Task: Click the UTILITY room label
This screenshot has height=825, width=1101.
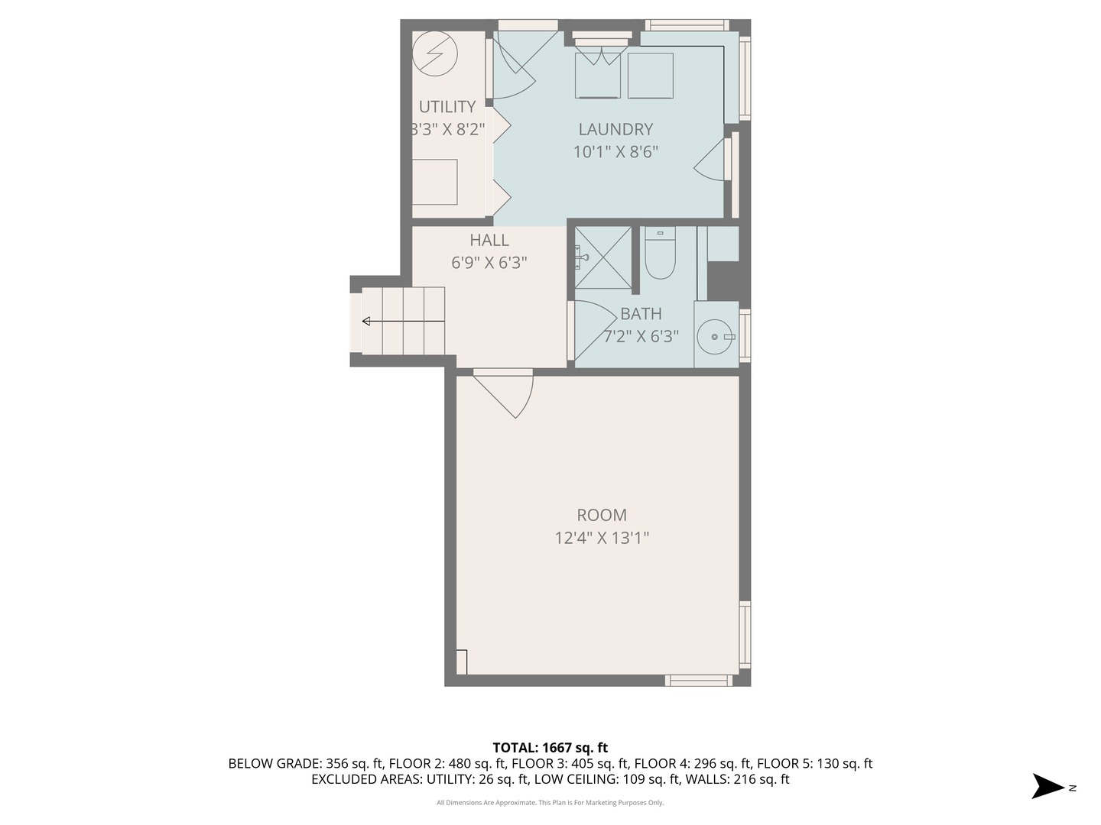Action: point(447,107)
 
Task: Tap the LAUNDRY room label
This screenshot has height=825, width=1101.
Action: point(615,129)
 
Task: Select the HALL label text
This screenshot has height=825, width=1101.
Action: point(489,241)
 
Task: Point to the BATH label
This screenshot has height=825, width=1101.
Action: point(641,314)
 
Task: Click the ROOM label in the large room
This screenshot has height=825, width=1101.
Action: point(602,515)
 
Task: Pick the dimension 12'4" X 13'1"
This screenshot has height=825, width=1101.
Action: point(602,538)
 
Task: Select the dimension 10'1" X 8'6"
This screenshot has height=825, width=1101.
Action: point(615,152)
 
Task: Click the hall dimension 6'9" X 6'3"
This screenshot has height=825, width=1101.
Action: point(489,263)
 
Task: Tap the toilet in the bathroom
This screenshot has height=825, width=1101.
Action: point(660,253)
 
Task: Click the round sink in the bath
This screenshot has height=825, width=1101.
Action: point(714,337)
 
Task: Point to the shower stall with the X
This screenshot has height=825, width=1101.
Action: point(603,257)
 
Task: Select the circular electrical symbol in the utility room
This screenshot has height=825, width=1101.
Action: point(435,53)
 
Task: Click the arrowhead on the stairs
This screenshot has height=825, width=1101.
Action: point(366,321)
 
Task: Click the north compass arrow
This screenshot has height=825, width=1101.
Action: point(1047,786)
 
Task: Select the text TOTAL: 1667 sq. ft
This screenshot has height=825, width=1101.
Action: point(550,748)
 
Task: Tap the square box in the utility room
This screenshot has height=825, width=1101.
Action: point(435,182)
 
